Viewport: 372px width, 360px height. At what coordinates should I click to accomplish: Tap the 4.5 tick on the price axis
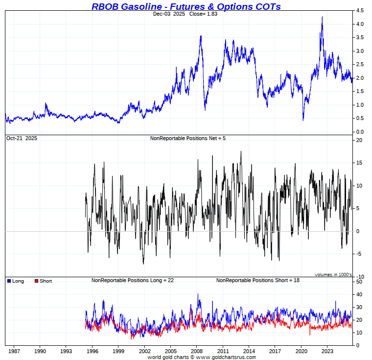(x=360, y=11)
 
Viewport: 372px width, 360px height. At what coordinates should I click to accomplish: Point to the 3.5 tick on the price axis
(x=360, y=38)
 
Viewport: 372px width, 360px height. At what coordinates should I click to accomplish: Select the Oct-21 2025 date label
(x=22, y=139)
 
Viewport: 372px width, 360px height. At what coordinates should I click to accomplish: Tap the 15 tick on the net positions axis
(x=359, y=163)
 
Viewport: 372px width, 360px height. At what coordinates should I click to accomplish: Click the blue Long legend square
(x=9, y=281)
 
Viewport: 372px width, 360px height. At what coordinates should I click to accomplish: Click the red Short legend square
(x=36, y=281)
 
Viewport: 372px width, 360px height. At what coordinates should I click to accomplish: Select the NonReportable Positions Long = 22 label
(x=133, y=280)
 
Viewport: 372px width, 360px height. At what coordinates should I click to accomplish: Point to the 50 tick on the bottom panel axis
(x=359, y=282)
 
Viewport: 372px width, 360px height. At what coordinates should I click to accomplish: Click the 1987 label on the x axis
(x=14, y=351)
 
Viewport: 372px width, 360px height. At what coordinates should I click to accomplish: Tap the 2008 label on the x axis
(x=197, y=351)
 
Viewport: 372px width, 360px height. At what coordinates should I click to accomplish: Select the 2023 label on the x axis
(x=327, y=351)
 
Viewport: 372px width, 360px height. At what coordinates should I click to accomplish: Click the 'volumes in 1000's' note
(x=333, y=275)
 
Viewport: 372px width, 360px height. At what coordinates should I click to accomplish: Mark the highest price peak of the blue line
(x=322, y=17)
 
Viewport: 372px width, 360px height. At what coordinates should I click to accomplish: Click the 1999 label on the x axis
(x=118, y=351)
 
